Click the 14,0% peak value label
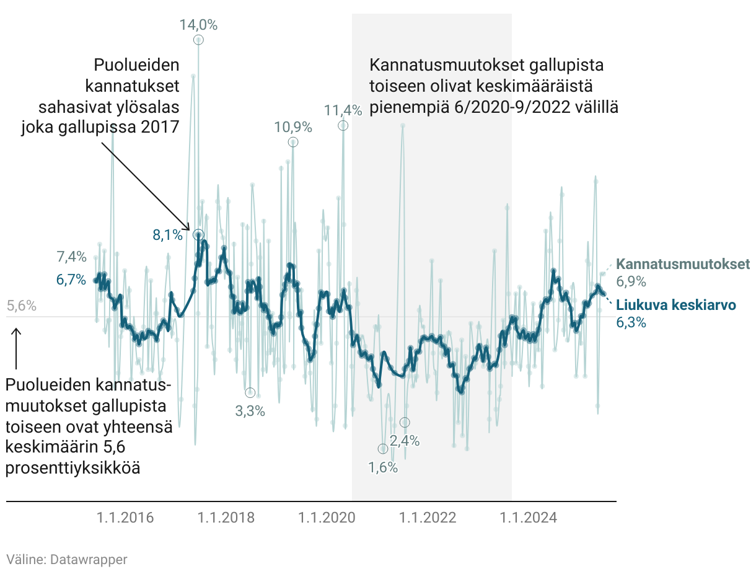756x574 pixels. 198,25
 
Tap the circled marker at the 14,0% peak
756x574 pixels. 198,40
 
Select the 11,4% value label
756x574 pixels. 343,110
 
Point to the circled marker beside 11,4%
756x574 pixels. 343,125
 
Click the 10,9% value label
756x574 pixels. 293,127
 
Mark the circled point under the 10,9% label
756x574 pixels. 293,142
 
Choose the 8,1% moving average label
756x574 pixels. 167,235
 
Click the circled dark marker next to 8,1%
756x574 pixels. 198,234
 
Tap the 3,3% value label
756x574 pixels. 250,410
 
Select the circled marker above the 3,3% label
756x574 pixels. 250,392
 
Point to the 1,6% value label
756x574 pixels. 383,467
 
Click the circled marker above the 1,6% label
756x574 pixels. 383,449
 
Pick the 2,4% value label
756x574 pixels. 405,441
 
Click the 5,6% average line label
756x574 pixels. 22,306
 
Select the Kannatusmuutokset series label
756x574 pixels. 683,264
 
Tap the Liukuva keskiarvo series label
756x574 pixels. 676,305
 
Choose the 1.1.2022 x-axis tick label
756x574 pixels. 428,517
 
